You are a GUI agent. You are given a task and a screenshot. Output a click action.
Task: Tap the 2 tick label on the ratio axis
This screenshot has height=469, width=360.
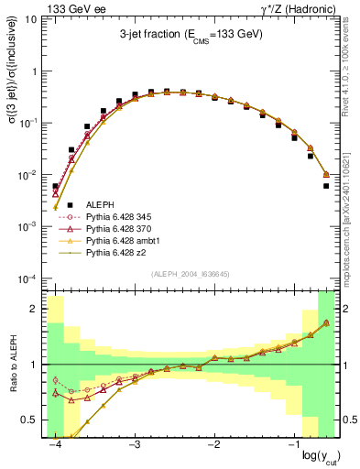tap(38, 309)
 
